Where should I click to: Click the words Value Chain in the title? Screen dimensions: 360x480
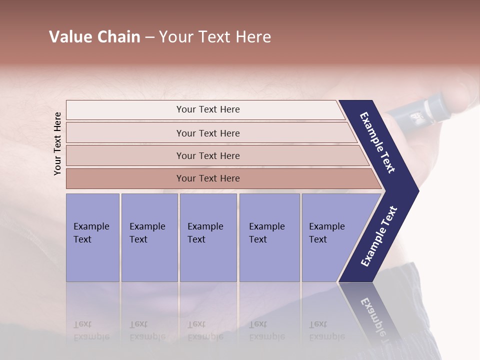pos(94,37)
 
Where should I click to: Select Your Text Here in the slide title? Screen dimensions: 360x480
pos(215,37)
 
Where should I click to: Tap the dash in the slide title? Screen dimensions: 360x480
pos(149,37)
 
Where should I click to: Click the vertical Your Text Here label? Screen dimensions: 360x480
pos(57,143)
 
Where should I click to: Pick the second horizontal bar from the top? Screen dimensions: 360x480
pos(207,133)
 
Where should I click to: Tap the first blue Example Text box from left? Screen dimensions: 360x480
pos(92,237)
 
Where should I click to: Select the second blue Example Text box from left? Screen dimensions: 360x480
pos(149,237)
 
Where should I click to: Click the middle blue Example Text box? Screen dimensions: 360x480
pos(208,237)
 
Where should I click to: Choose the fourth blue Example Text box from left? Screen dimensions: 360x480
pos(269,237)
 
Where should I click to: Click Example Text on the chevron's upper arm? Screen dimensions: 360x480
pos(377,142)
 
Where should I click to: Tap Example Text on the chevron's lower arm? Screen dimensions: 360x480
pos(378,236)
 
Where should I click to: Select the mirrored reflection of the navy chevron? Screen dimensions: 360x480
pos(372,312)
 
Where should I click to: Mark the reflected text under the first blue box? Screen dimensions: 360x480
pos(91,330)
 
